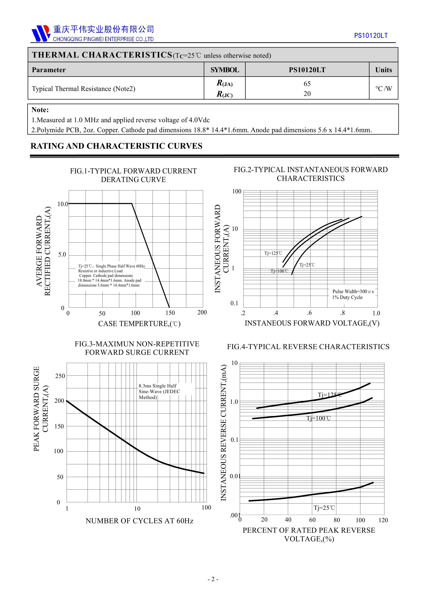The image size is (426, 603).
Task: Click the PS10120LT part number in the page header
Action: point(371,35)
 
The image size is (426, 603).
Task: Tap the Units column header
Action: point(383,70)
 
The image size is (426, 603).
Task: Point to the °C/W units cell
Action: point(383,89)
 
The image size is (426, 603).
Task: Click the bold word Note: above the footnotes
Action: point(40,110)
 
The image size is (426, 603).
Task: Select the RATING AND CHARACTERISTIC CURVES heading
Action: point(116,146)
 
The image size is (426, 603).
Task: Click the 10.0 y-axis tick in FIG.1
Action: point(63,204)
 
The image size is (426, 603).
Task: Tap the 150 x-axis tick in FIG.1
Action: point(170,313)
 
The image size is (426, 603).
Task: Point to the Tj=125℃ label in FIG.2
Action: point(273,253)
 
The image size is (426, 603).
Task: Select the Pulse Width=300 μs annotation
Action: point(353,292)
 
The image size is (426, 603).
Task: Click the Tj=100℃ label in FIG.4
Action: point(318,418)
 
